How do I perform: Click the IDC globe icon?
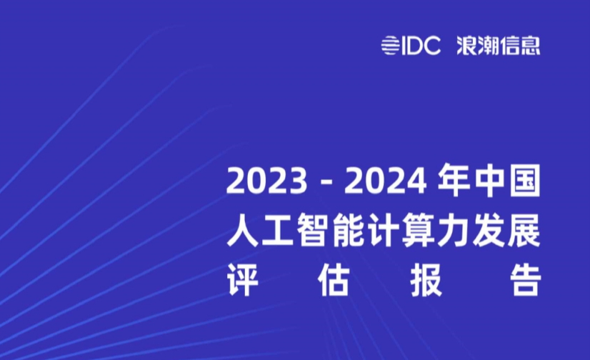tap(389, 46)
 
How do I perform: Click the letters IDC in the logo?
tap(421, 46)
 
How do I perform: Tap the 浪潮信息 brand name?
tap(499, 46)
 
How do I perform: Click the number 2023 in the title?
tap(266, 181)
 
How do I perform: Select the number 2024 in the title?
tap(386, 181)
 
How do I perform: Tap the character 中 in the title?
tap(489, 181)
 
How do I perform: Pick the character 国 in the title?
tap(525, 181)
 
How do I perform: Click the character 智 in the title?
tap(313, 231)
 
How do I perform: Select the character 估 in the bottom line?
tap(334, 281)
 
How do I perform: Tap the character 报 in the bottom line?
tap(426, 281)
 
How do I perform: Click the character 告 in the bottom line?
tap(525, 281)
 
